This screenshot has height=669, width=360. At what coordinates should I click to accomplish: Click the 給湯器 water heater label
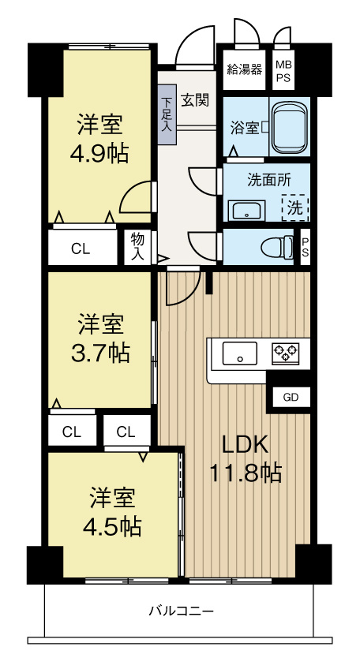click(x=244, y=69)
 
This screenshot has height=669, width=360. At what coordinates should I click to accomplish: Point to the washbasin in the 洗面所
click(x=246, y=211)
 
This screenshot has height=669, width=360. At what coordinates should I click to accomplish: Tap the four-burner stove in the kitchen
click(x=285, y=353)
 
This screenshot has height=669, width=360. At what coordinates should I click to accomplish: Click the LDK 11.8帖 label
click(x=245, y=459)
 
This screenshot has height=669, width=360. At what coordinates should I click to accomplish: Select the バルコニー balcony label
click(x=182, y=611)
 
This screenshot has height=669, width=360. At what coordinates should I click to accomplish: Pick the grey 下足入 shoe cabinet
click(x=167, y=115)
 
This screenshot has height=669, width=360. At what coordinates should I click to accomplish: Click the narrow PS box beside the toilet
click(x=306, y=247)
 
